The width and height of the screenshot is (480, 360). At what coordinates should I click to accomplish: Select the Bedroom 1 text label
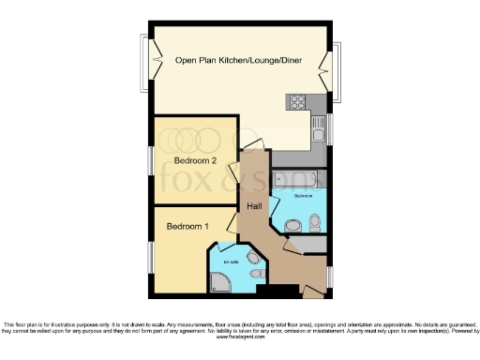(187, 227)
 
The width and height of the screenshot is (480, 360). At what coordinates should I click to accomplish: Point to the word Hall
(253, 206)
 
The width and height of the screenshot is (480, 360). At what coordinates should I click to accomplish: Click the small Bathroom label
(304, 196)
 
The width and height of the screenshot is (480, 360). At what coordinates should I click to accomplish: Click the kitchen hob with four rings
(299, 103)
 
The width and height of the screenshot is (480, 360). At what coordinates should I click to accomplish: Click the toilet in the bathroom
(314, 221)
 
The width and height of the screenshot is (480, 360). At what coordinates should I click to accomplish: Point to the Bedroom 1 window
(151, 258)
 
